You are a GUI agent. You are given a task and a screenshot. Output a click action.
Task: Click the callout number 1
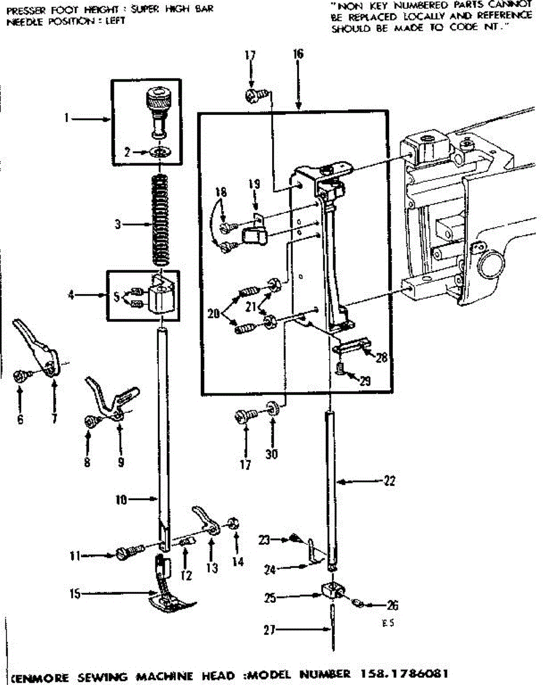66,119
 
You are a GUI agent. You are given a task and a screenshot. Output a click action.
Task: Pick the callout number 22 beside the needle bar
389,481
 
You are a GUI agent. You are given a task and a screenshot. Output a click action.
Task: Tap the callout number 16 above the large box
298,55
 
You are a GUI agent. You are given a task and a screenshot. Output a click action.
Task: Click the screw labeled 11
129,553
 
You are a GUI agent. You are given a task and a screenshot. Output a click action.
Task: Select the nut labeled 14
233,523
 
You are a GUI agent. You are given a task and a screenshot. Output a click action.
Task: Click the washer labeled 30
271,409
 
